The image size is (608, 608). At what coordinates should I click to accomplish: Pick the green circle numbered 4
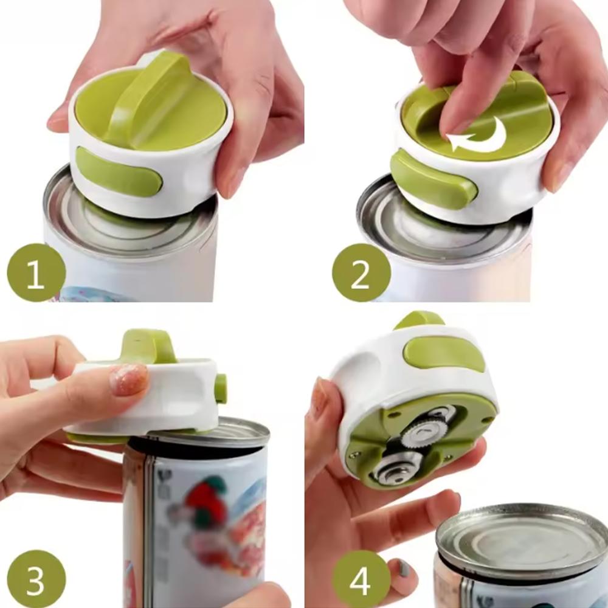click(x=361, y=579)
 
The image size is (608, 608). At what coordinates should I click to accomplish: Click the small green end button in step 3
click(x=221, y=389)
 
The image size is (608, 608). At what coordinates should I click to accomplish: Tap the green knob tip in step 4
click(x=420, y=319)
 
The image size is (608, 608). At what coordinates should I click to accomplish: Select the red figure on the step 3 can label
click(x=207, y=496)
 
